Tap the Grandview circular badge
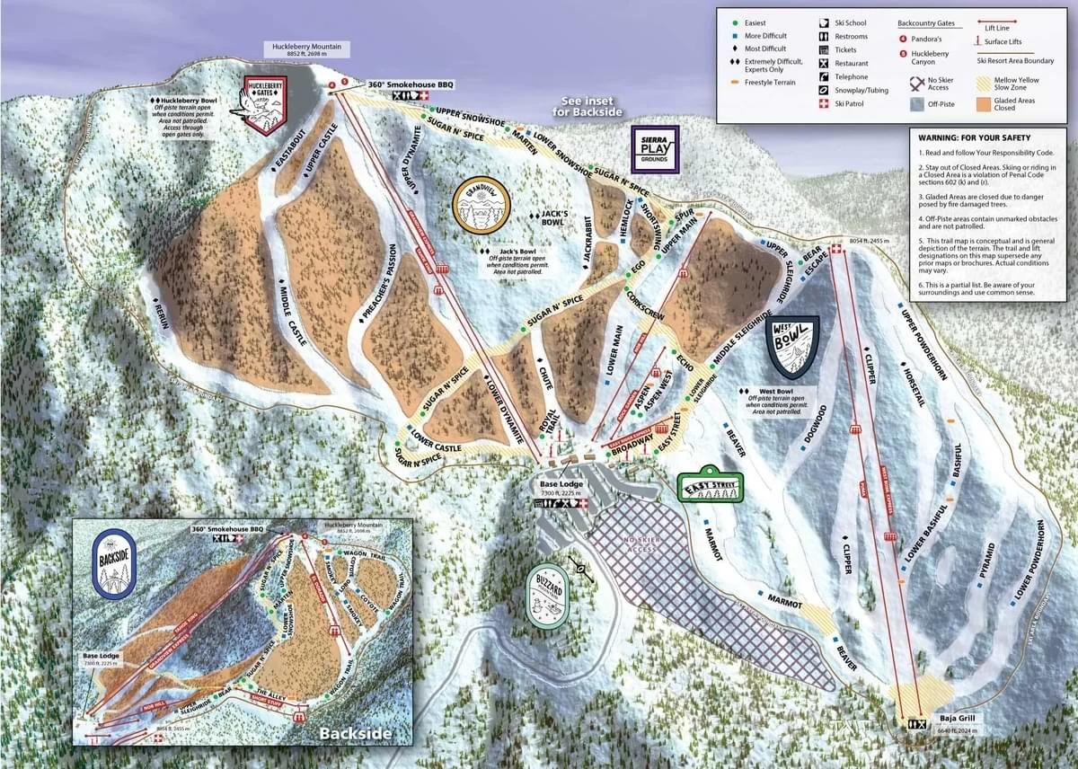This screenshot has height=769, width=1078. click(x=482, y=205)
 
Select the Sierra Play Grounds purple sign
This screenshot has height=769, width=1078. click(x=656, y=149)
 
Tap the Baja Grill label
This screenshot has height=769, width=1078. click(x=955, y=719)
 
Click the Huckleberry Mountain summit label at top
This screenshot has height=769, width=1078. click(x=302, y=49)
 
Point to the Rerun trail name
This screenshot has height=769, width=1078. click(x=160, y=315)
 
